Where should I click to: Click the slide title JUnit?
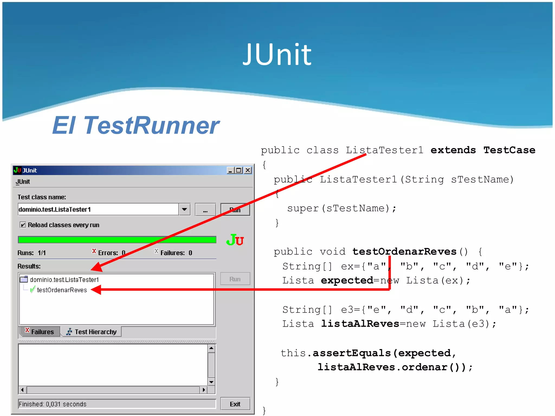[277, 55]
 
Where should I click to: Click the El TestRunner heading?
[135, 125]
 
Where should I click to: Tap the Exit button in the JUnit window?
[235, 404]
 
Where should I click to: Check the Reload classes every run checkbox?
[23, 225]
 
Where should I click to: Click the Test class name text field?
[98, 210]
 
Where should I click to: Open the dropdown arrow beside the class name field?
[185, 210]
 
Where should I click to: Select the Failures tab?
[40, 332]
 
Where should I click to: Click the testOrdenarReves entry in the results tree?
[62, 290]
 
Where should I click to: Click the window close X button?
[248, 170]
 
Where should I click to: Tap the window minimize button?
[231, 170]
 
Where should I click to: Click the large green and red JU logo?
[235, 240]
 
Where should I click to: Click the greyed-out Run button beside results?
[235, 279]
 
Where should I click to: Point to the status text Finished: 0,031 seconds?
[53, 404]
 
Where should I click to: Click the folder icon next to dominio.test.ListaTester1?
[24, 279]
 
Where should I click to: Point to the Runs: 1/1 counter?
[32, 253]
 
